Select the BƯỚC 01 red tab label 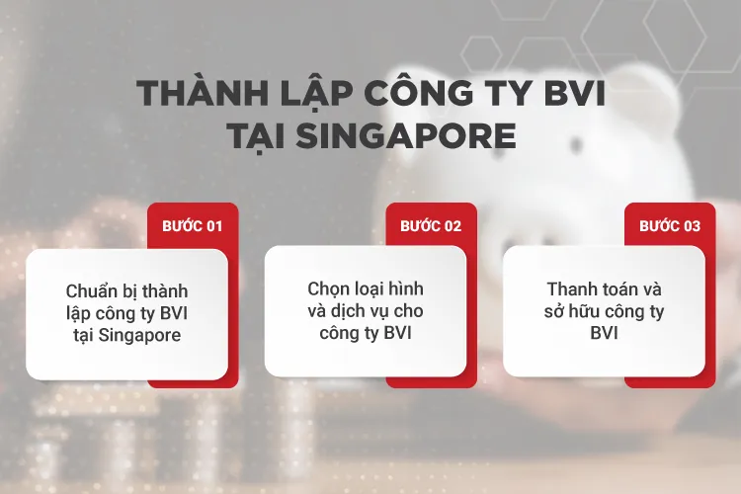193,225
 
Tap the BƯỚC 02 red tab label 431,225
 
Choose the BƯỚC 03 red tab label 670,225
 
